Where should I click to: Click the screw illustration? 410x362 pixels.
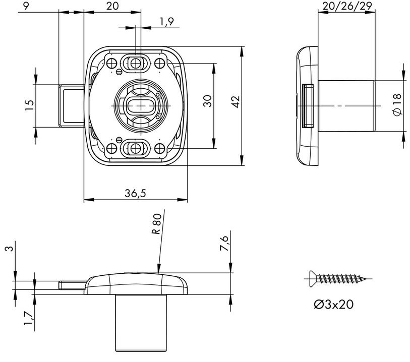tap(338, 278)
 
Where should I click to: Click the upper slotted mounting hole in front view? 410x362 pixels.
tap(135, 63)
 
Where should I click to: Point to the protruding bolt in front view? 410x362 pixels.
tap(71, 105)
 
